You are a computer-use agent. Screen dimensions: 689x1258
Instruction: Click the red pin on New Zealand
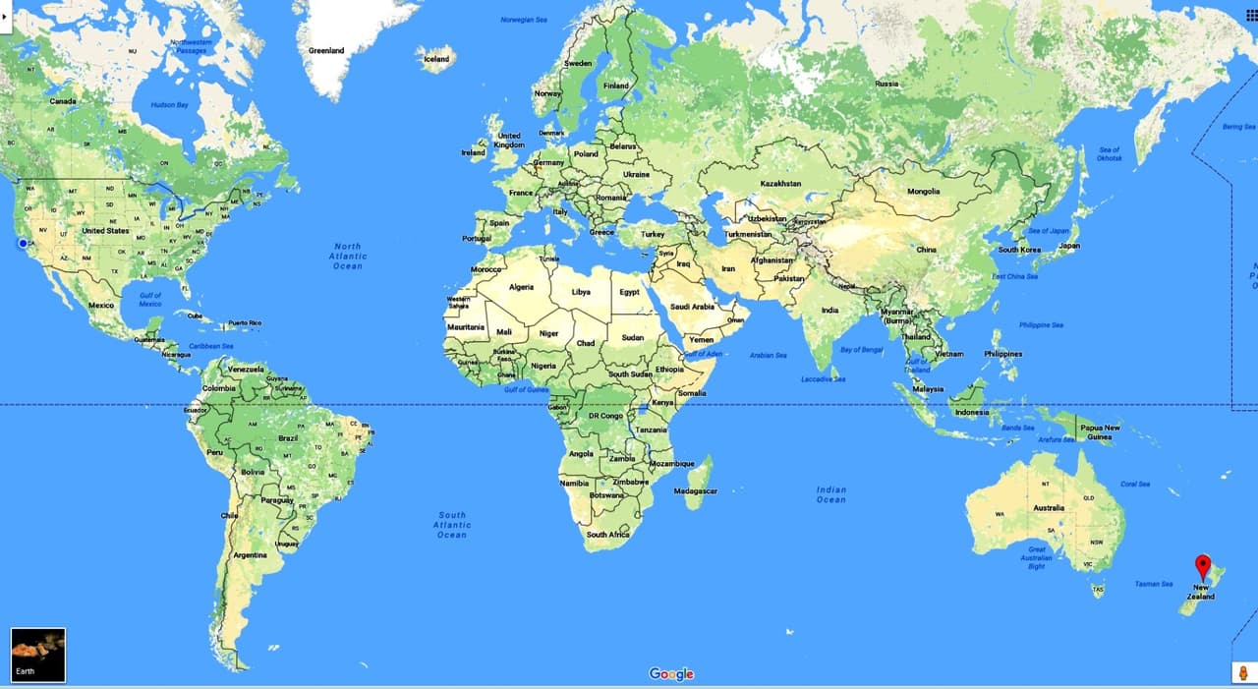click(x=1203, y=566)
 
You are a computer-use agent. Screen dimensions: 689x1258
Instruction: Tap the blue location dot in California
click(x=22, y=243)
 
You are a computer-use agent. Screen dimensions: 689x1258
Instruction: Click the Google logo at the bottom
click(x=671, y=674)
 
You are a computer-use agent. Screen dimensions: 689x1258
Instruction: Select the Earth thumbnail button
click(x=38, y=655)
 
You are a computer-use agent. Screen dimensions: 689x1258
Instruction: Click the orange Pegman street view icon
click(x=1243, y=673)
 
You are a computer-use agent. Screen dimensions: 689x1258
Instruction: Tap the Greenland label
click(x=326, y=50)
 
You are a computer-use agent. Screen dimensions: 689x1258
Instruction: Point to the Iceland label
click(x=436, y=59)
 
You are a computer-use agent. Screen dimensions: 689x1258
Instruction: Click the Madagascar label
click(x=696, y=490)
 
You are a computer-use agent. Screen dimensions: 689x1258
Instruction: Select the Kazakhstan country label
click(x=780, y=184)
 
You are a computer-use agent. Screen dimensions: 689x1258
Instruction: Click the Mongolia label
click(x=924, y=192)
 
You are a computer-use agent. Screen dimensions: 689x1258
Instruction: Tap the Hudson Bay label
click(x=169, y=105)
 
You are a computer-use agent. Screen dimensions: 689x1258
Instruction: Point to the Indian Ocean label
click(x=830, y=494)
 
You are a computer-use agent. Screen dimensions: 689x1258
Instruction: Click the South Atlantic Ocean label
click(x=452, y=525)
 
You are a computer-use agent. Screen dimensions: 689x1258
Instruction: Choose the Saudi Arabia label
click(x=692, y=307)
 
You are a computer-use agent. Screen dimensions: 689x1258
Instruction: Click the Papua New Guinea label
click(x=1100, y=431)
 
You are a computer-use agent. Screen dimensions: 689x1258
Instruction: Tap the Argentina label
click(x=250, y=554)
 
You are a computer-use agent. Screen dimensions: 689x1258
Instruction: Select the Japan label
click(x=1069, y=246)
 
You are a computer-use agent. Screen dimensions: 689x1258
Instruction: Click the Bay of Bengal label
click(x=862, y=349)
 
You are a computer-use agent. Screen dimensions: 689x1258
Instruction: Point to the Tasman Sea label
click(x=1154, y=584)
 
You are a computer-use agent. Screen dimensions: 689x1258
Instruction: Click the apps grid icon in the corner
click(x=1251, y=15)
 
